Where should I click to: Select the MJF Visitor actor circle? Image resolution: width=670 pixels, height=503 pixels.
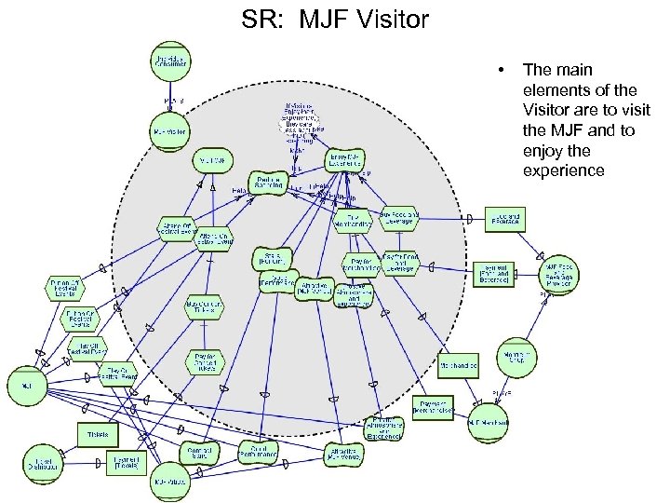(168, 130)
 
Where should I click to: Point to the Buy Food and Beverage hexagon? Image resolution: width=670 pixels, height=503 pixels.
(399, 217)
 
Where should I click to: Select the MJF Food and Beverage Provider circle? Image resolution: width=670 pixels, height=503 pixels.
(562, 272)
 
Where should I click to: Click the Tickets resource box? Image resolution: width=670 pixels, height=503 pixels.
(98, 435)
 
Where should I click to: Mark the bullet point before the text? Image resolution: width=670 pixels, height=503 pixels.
(501, 70)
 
